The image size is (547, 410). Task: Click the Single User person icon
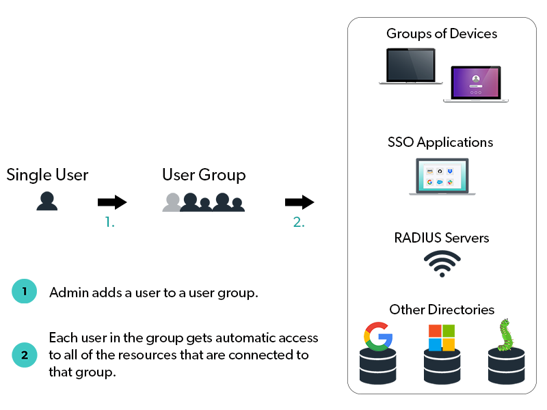point(46,200)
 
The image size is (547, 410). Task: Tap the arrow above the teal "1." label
point(112,202)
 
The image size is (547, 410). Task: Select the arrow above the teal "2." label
point(299,202)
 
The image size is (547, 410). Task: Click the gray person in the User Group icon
point(172,202)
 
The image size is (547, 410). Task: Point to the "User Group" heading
point(204,175)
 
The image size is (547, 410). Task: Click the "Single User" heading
point(47,175)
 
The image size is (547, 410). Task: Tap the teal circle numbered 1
point(25,292)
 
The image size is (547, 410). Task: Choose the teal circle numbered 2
point(25,355)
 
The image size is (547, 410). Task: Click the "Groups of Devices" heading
point(442,33)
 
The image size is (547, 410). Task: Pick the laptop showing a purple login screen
point(475,84)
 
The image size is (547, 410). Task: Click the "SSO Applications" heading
point(440,143)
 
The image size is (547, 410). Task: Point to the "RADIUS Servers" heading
point(442,238)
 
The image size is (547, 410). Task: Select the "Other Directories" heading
point(442,310)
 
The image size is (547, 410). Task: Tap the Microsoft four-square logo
point(441,337)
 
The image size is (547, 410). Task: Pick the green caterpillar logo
point(505,335)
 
